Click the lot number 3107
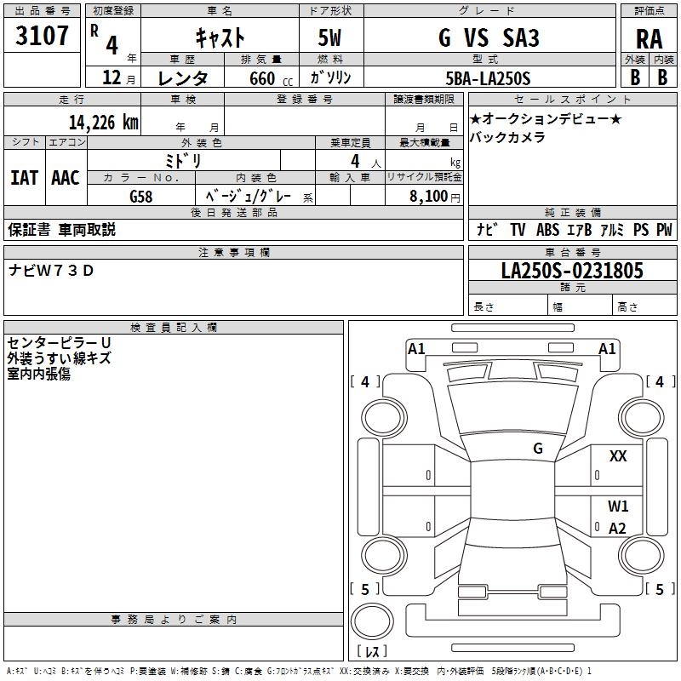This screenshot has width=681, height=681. (x=43, y=37)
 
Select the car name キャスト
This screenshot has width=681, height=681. (x=220, y=37)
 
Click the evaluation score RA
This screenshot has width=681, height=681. (x=649, y=39)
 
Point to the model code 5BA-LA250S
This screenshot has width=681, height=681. (x=488, y=78)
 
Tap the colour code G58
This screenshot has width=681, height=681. (x=141, y=196)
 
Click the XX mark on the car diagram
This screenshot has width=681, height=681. (x=618, y=456)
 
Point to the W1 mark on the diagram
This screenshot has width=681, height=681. (x=618, y=506)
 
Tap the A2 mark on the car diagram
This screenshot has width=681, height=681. (x=617, y=528)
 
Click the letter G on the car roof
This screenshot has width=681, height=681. (x=538, y=448)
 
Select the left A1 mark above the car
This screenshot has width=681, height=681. (x=416, y=348)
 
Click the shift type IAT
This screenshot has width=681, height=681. (x=24, y=177)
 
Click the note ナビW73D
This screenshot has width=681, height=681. (x=52, y=271)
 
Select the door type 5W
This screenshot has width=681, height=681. (x=331, y=37)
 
